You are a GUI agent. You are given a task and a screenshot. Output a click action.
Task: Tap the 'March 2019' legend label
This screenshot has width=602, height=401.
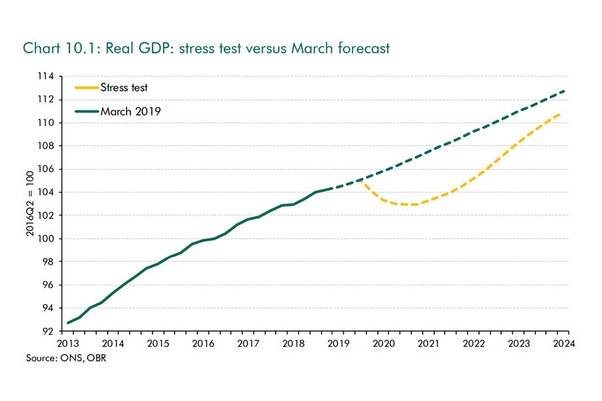click(x=130, y=111)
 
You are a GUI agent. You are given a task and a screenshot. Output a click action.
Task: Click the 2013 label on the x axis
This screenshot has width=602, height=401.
click(x=68, y=344)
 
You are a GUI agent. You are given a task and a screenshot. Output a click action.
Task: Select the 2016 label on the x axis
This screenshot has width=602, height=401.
click(x=203, y=344)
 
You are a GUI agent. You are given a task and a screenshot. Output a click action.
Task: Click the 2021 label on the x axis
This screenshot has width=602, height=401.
click(x=428, y=344)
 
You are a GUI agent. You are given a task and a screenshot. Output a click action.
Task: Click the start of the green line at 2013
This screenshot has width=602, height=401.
click(x=68, y=323)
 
